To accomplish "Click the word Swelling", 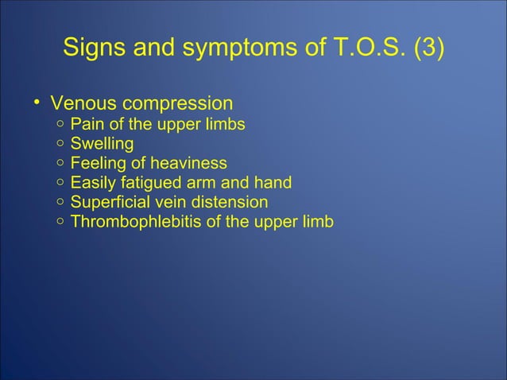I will [x=102, y=145].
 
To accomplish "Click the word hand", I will [x=274, y=183].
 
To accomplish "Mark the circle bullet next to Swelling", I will [x=60, y=145].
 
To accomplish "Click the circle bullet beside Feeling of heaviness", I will [x=60, y=164].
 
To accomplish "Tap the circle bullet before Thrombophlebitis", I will [x=60, y=222].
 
